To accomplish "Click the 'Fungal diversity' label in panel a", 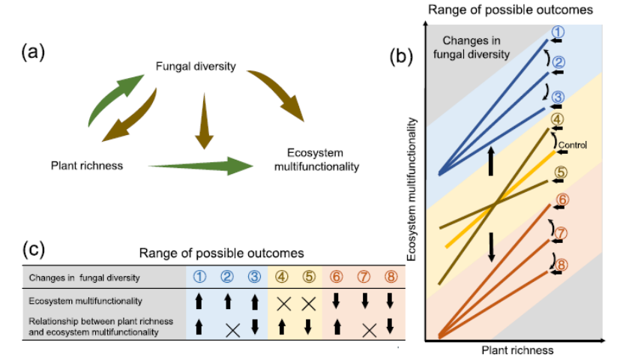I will [196, 67].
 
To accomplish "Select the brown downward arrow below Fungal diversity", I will [200, 118].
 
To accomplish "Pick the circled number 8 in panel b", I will [562, 264].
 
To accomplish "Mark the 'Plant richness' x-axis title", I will [518, 350].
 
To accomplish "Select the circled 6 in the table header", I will [337, 276].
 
